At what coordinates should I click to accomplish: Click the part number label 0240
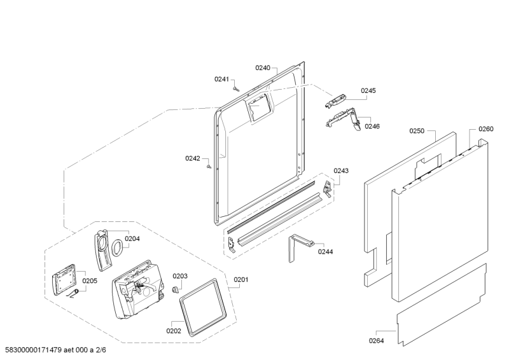pos(263,67)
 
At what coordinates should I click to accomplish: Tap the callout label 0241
pos(221,79)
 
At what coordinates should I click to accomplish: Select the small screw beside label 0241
pos(236,88)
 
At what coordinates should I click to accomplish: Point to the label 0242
pos(193,158)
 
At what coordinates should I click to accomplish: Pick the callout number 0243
pos(341,170)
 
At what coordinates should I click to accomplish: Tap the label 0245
pos(368,91)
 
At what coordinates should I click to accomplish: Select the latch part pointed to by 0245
pos(337,100)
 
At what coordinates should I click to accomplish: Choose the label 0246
pos(372,126)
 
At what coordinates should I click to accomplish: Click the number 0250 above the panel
pos(416,130)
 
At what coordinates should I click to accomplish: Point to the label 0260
pos(485,129)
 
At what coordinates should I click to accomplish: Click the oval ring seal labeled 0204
pos(118,247)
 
